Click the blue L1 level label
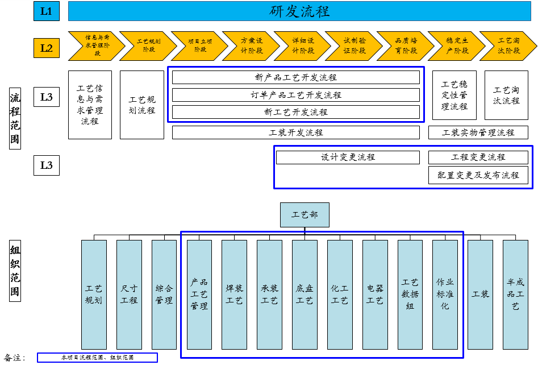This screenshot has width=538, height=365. click(x=47, y=11)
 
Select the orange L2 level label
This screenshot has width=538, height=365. click(x=47, y=48)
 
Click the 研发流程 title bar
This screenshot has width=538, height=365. click(x=299, y=11)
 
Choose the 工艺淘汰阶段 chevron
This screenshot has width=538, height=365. click(x=508, y=45)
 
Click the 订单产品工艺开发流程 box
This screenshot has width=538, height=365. click(x=296, y=95)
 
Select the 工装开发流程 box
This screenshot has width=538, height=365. click(x=296, y=132)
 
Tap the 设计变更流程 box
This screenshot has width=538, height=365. click(x=348, y=157)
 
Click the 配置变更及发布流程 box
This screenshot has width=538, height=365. click(x=478, y=175)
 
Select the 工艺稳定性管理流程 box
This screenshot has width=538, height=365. click(x=454, y=96)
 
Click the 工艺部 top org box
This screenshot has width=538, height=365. click(x=305, y=215)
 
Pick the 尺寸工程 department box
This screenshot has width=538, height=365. click(x=129, y=295)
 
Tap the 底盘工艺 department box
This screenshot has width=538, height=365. click(x=305, y=295)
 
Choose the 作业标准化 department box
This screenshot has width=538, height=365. click(x=445, y=295)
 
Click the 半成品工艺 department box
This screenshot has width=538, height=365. click(x=515, y=295)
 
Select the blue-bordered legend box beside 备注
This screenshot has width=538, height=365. click(x=97, y=358)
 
